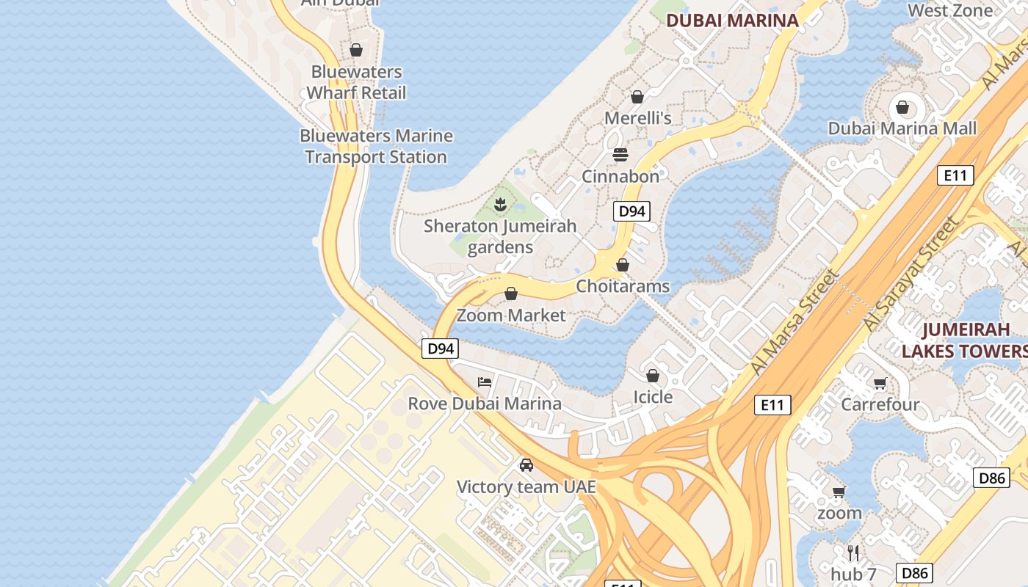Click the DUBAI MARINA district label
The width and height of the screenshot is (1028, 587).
click(x=732, y=20)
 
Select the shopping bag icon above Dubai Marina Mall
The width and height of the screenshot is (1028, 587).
click(x=902, y=108)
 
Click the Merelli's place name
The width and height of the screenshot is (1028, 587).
click(x=637, y=118)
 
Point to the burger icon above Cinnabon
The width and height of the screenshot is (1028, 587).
click(x=620, y=155)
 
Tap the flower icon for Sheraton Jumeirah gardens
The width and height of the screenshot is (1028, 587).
click(x=500, y=204)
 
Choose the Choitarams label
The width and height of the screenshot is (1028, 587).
click(x=623, y=286)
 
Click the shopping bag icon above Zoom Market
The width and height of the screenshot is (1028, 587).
click(x=511, y=294)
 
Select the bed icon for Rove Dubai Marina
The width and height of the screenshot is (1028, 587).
click(x=485, y=382)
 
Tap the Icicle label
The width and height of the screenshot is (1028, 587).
click(x=653, y=397)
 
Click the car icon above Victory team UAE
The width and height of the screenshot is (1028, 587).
click(x=526, y=464)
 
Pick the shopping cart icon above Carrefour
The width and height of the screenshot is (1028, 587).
click(x=880, y=383)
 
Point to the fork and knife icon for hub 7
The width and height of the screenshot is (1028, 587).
click(x=853, y=553)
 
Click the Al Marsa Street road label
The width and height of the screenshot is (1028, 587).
click(x=794, y=321)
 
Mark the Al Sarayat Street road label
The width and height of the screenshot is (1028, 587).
click(x=911, y=274)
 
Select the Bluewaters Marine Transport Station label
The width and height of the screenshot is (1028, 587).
click(x=376, y=146)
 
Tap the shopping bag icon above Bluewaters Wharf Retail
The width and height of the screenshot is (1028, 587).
click(x=356, y=50)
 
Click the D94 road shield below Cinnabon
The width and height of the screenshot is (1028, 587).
click(x=631, y=211)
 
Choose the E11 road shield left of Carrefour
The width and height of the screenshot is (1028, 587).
click(x=772, y=404)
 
